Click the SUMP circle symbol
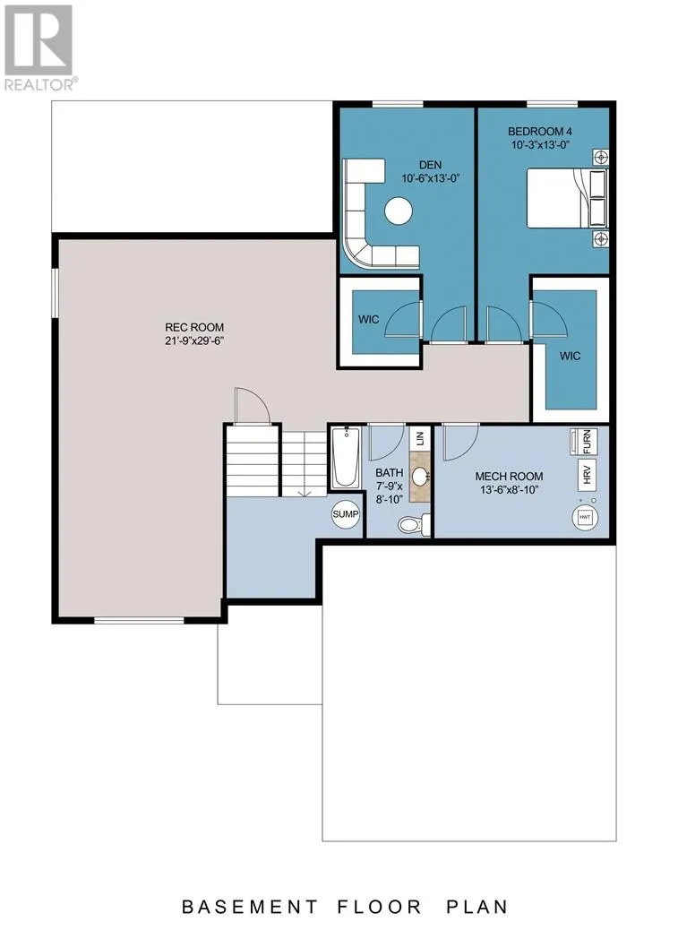[x=345, y=514]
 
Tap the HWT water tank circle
[x=585, y=518]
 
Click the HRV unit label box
[x=588, y=474]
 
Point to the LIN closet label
[x=420, y=438]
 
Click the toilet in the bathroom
[x=413, y=524]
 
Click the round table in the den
[x=398, y=211]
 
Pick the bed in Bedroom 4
[x=567, y=197]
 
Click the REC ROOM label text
[x=194, y=327]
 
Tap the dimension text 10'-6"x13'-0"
[x=431, y=178]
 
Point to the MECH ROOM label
[x=509, y=477]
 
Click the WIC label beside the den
[x=369, y=320]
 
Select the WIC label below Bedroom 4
[x=571, y=356]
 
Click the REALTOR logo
[x=39, y=48]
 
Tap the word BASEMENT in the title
[x=250, y=908]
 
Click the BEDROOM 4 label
[x=540, y=132]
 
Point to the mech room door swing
[x=461, y=442]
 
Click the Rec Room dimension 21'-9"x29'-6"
[x=194, y=341]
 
